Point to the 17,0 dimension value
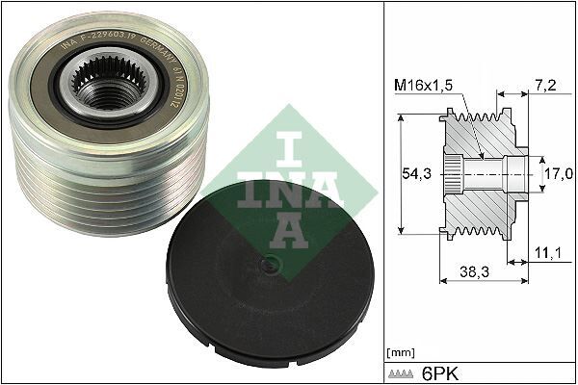(558, 173)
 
